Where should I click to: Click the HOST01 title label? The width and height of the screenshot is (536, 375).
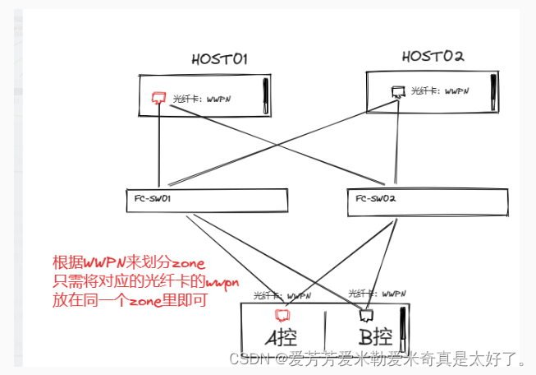pyautogui.click(x=219, y=59)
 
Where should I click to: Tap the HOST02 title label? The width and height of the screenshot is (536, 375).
pyautogui.click(x=433, y=56)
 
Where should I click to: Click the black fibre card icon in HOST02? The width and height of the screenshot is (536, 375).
pyautogui.click(x=397, y=91)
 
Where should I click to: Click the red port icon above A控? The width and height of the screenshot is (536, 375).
pyautogui.click(x=283, y=314)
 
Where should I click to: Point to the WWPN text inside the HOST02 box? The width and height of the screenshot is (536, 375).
pyautogui.click(x=456, y=91)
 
